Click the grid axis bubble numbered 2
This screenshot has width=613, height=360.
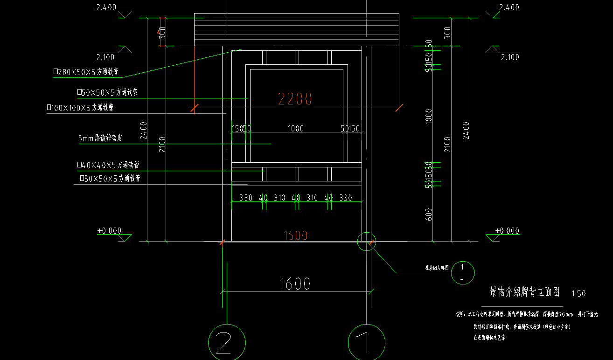[226, 342]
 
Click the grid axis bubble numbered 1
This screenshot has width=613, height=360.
[367, 342]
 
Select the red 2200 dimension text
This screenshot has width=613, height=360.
[295, 99]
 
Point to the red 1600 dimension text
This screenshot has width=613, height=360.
[296, 235]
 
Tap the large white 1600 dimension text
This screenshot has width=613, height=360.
[295, 284]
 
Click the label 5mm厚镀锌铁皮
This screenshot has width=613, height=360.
[100, 138]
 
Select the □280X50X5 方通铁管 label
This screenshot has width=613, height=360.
[86, 72]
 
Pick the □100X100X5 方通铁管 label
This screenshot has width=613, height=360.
[80, 108]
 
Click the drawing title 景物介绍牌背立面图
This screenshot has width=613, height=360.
[524, 292]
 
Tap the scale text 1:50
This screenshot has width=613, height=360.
[578, 294]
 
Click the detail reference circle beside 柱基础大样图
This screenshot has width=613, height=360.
[462, 272]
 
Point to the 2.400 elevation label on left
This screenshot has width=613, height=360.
[106, 7]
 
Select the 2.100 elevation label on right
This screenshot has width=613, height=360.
[509, 57]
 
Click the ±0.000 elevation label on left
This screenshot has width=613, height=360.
[109, 231]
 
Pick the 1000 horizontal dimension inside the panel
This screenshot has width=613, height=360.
[296, 128]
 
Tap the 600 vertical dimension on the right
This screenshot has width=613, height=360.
[429, 214]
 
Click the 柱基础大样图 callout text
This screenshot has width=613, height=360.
[437, 268]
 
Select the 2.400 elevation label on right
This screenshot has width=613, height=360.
[509, 7]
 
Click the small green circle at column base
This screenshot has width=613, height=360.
[366, 241]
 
